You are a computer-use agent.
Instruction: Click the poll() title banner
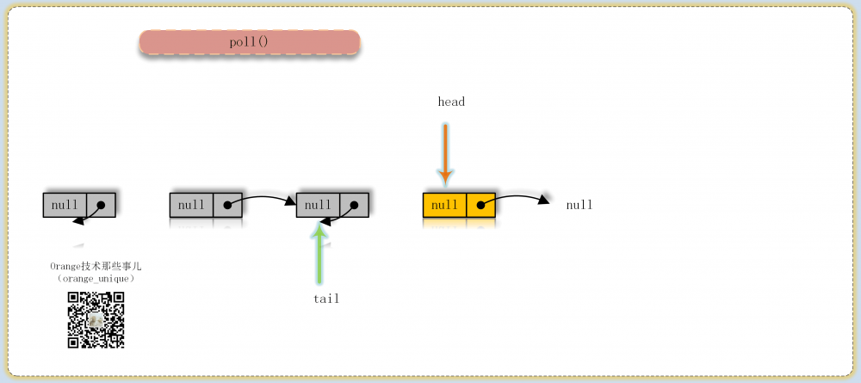pos(250,42)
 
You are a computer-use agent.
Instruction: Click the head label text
pos(451,102)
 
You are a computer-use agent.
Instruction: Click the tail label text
pos(326,299)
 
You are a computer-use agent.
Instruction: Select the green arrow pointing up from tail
pos(319,254)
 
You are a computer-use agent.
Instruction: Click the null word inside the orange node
pos(445,205)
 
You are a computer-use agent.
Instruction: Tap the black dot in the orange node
pos(480,205)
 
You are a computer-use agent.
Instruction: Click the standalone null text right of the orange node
pos(579,205)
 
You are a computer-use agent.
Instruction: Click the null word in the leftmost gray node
pos(65,205)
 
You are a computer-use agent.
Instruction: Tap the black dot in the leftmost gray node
pos(101,205)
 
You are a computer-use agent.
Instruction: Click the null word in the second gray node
pos(191,205)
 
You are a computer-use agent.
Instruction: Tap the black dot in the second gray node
pos(227,205)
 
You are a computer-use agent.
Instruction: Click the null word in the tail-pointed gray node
pos(318,205)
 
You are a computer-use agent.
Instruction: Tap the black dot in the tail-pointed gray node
pos(354,205)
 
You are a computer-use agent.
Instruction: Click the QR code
pos(96,320)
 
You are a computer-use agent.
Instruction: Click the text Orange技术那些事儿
pos(96,266)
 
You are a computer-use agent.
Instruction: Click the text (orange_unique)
pos(96,279)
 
